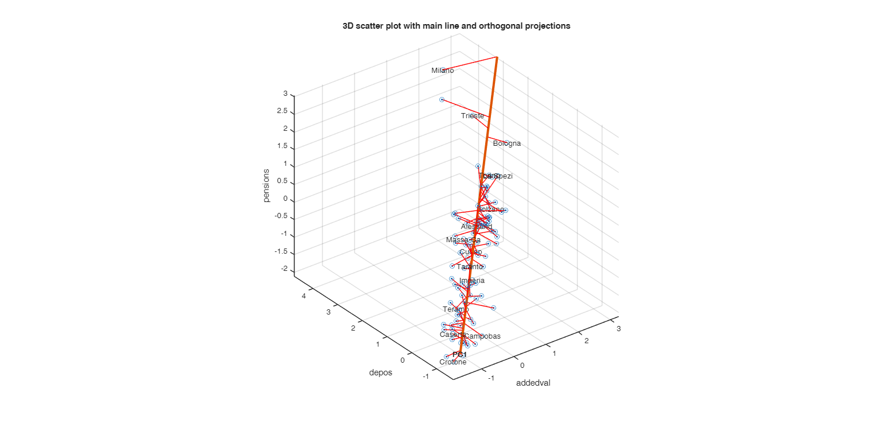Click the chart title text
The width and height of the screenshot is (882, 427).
click(456, 26)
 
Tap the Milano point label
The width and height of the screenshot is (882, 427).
click(443, 71)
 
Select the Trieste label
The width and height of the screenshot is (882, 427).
click(472, 116)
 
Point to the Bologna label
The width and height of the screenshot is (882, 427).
click(506, 143)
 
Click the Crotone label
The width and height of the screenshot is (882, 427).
click(452, 362)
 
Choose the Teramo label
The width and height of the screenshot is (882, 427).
click(456, 310)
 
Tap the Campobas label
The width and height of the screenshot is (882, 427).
click(482, 336)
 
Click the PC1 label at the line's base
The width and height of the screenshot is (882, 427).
click(459, 355)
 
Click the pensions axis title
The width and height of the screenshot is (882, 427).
click(266, 185)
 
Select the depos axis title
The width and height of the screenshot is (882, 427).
click(381, 373)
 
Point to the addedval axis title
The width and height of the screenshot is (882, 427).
click(533, 383)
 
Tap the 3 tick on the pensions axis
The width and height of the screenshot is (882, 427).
click(285, 94)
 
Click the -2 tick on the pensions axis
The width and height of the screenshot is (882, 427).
click(284, 271)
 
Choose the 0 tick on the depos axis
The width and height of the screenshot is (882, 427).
click(402, 360)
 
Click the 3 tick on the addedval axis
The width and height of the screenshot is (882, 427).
click(618, 329)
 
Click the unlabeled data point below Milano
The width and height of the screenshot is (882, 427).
click(442, 100)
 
